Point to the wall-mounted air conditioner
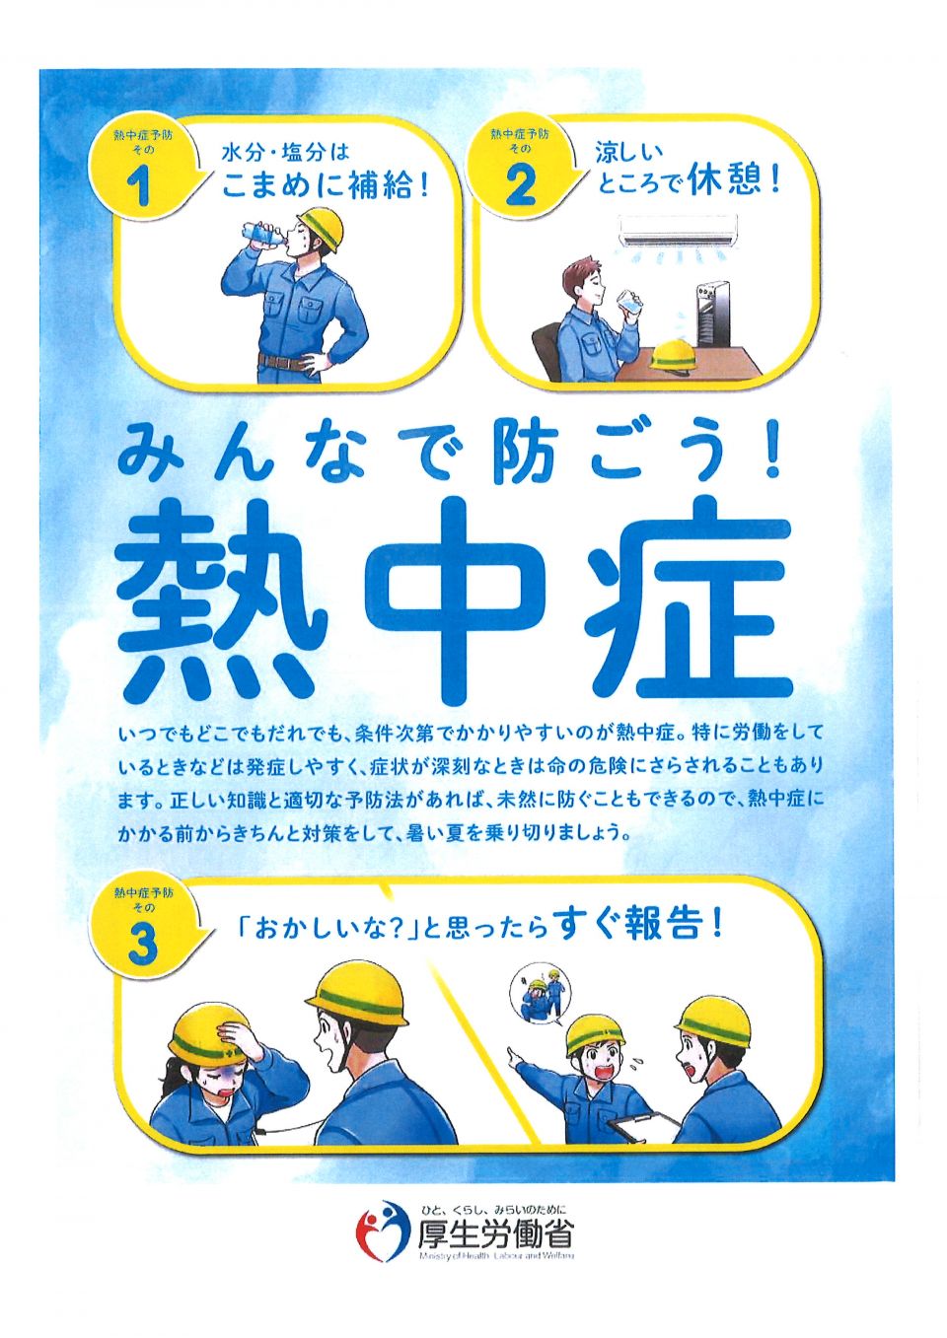(x=678, y=231)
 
